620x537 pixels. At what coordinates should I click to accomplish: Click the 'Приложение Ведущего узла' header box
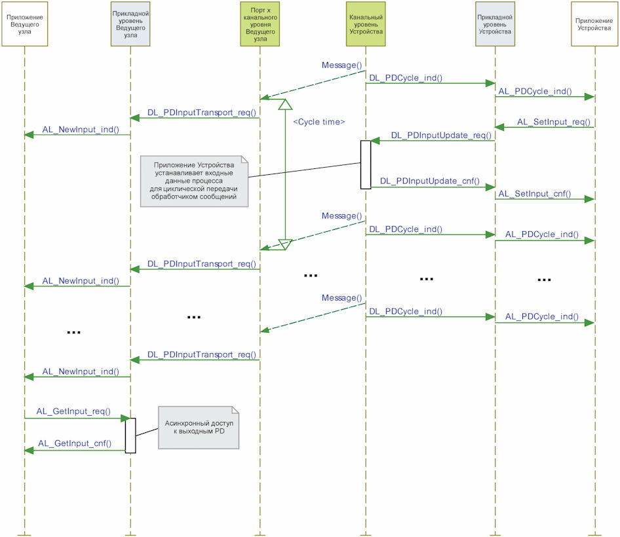24,24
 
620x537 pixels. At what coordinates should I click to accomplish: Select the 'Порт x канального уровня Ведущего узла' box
260,24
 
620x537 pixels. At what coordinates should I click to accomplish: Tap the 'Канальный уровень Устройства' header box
366,24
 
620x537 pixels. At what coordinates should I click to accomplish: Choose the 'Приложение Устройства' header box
594,24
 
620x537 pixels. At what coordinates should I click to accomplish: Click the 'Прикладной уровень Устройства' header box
495,24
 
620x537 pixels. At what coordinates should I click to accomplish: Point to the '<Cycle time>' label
319,122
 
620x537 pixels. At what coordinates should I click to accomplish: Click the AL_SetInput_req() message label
554,122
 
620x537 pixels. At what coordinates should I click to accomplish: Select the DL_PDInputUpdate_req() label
441,135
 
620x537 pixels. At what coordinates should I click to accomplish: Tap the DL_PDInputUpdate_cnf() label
430,181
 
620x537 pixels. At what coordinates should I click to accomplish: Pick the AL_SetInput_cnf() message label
535,194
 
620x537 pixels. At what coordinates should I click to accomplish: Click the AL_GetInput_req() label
73,411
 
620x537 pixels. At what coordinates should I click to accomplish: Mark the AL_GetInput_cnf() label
75,443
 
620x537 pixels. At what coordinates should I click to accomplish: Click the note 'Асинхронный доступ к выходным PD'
199,428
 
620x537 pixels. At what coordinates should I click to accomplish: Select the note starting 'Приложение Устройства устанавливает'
194,181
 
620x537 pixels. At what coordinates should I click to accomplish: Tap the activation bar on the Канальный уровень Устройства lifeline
366,164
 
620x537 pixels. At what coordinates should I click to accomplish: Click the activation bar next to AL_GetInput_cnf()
130,435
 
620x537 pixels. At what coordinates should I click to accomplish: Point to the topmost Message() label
341,65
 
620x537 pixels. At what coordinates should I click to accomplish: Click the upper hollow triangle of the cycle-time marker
285,104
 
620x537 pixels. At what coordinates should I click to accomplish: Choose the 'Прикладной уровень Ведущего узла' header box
130,24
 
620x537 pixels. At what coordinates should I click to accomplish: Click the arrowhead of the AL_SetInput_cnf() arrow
590,199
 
